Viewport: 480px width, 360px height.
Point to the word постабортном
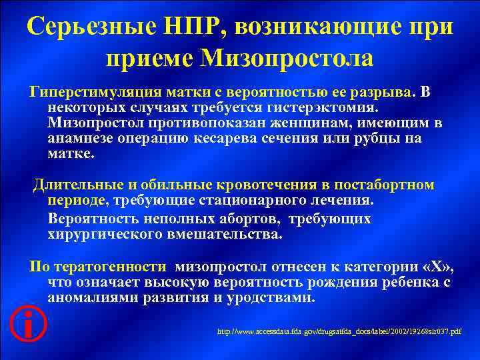(x=381, y=185)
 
